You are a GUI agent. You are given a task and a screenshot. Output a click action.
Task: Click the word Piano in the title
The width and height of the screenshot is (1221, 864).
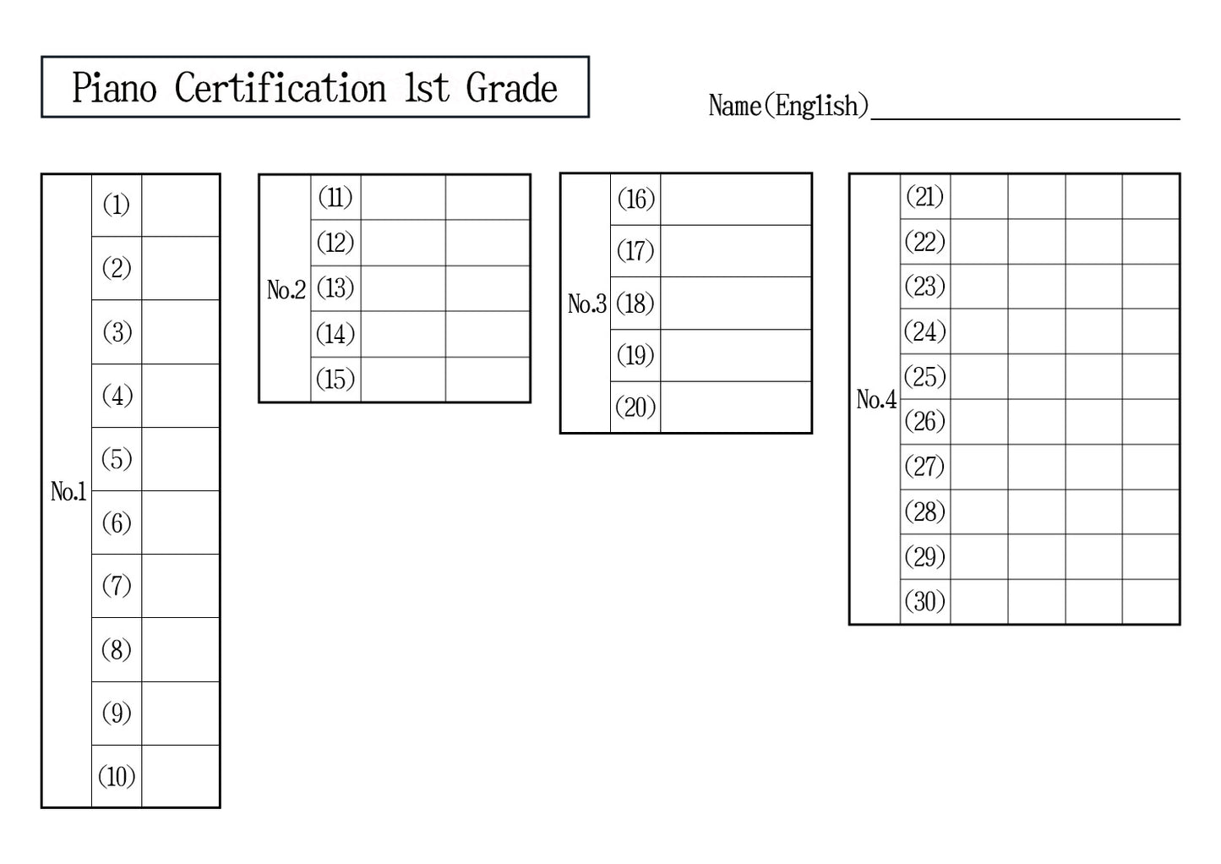(114, 88)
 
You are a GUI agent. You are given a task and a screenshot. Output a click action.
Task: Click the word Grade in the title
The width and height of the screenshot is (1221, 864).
(511, 88)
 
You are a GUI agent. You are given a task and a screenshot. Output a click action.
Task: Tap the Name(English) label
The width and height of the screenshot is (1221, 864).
(788, 106)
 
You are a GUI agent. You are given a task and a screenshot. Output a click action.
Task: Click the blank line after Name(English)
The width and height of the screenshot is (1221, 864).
(1024, 108)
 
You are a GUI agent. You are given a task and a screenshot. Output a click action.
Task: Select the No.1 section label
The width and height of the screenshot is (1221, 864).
(68, 491)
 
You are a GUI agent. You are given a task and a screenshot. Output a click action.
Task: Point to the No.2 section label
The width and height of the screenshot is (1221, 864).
(286, 290)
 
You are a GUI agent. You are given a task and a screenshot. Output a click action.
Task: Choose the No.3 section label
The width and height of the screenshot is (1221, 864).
(586, 303)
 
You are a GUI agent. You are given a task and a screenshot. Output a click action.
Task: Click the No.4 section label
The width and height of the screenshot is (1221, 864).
(875, 399)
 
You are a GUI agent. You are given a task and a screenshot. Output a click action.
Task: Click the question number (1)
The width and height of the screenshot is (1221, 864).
(117, 205)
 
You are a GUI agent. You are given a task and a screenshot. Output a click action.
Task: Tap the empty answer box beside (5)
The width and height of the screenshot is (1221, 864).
(180, 459)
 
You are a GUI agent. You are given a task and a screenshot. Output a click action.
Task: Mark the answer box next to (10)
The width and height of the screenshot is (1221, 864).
(180, 776)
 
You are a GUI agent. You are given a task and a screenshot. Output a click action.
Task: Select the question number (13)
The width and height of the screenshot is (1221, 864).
(335, 288)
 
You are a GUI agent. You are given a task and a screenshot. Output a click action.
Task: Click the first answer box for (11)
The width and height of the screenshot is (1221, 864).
(403, 198)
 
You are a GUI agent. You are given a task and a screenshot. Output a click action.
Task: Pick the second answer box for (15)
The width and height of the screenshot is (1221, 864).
(488, 379)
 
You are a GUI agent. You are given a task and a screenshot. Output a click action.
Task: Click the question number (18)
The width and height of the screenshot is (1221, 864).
(635, 303)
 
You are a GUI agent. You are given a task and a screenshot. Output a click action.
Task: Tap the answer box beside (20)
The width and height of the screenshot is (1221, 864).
(735, 407)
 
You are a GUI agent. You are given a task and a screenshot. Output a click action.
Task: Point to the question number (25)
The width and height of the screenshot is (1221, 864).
(924, 376)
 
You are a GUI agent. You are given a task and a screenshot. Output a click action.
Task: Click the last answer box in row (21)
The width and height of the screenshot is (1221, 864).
(1150, 197)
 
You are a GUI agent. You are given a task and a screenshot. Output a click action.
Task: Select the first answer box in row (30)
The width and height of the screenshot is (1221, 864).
(978, 601)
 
